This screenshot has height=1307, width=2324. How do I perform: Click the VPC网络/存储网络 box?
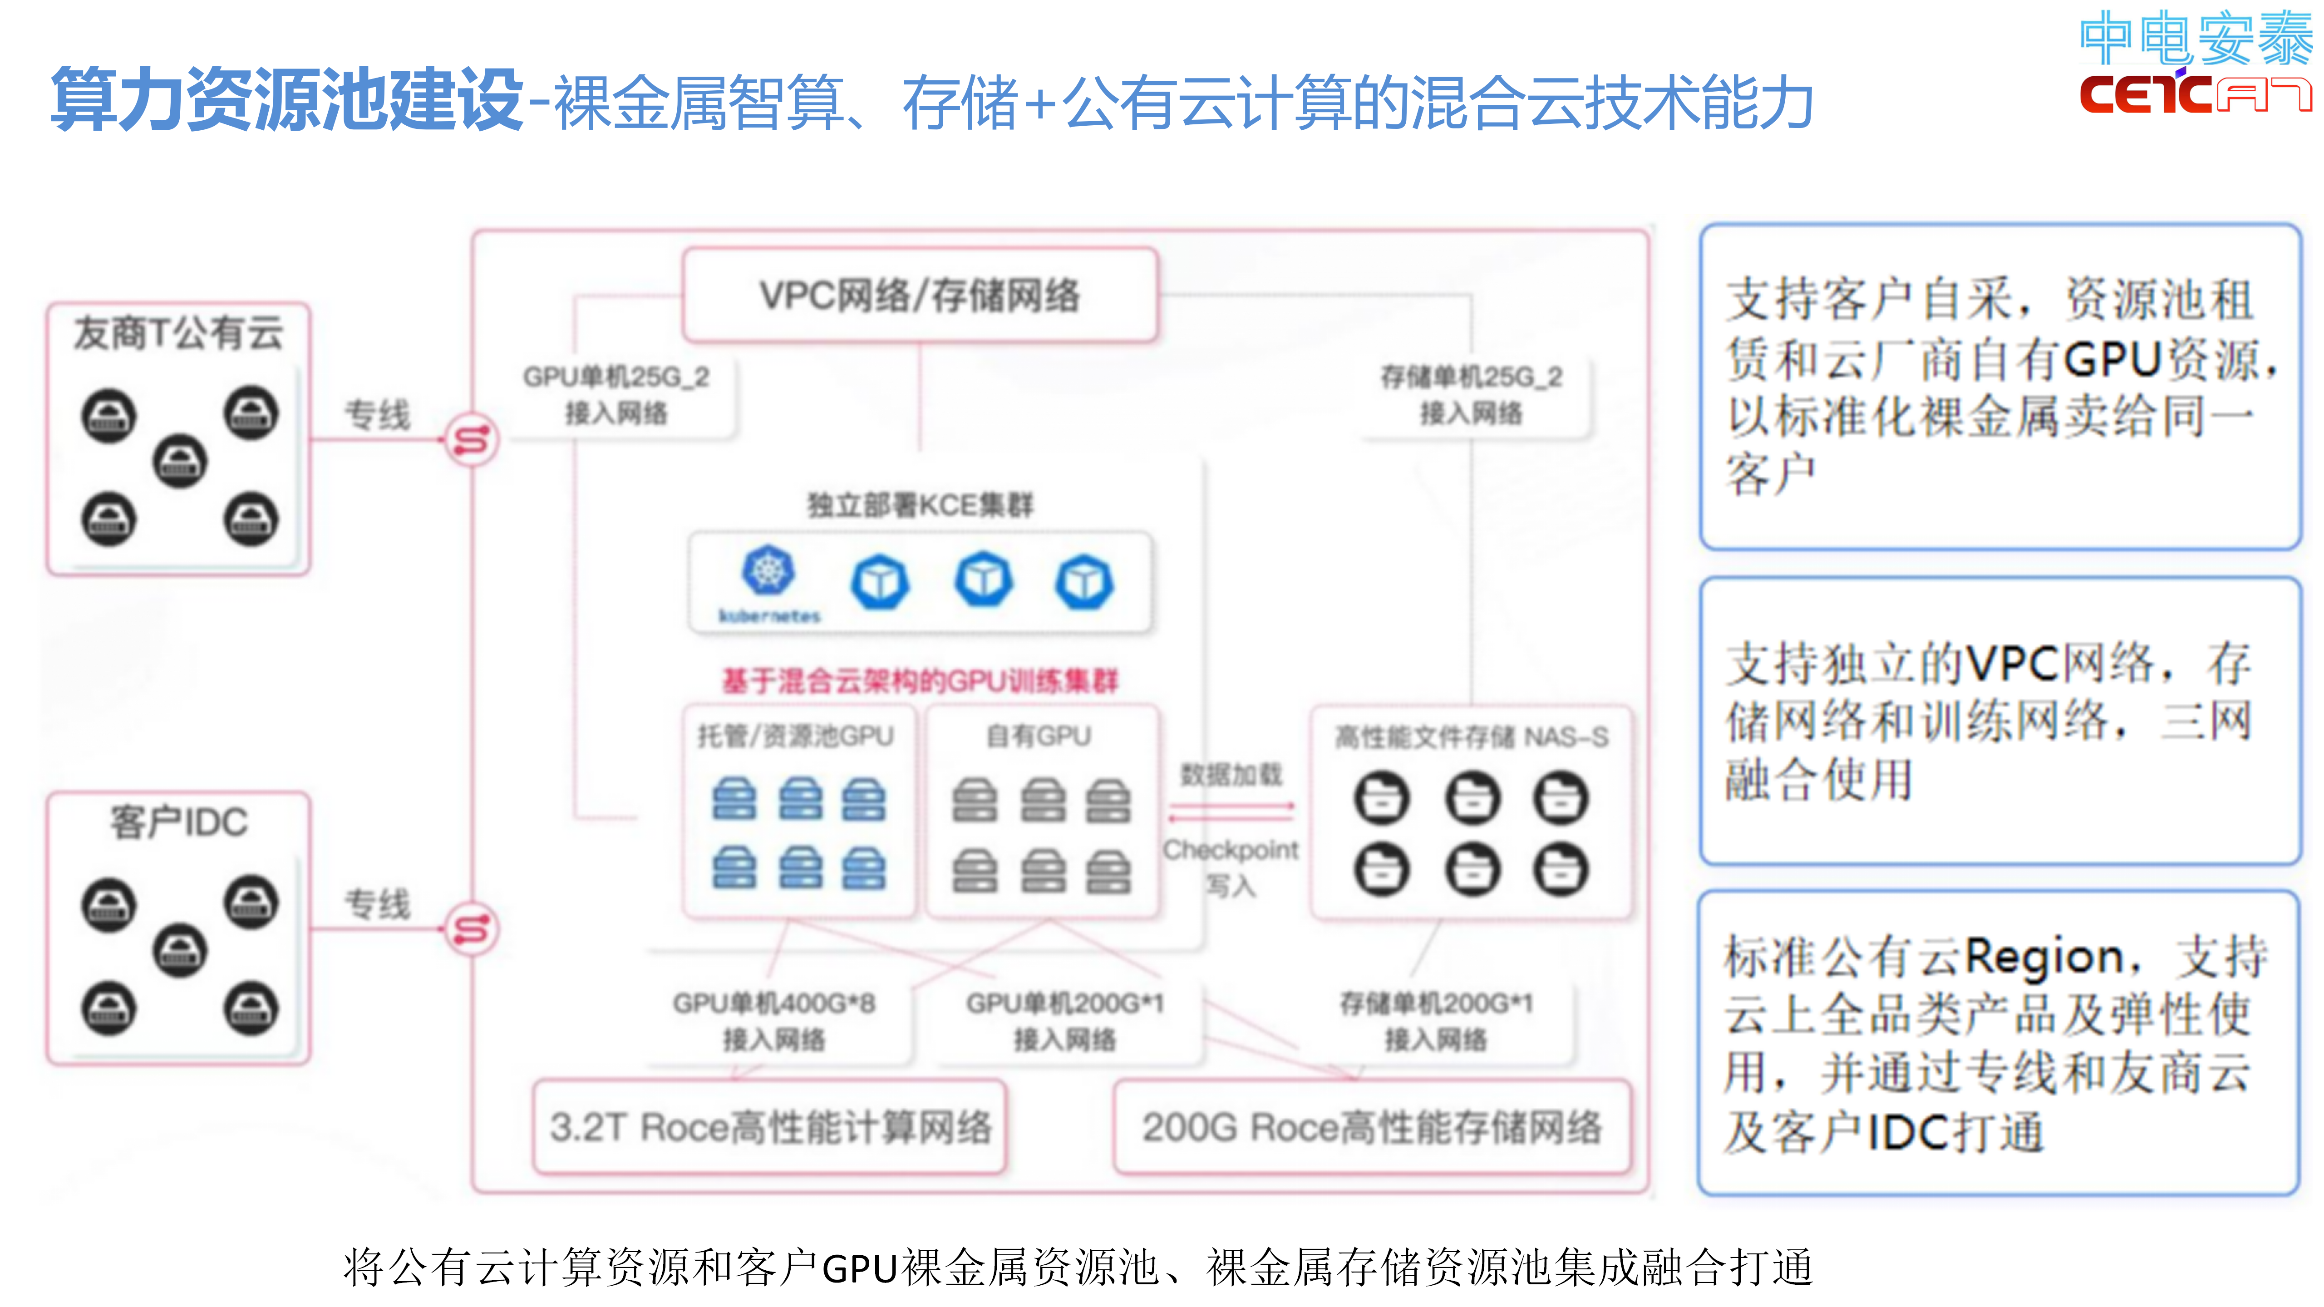tap(919, 295)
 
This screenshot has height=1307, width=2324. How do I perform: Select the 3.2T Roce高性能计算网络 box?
tap(769, 1126)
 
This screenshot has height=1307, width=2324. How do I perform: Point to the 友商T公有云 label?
tap(179, 333)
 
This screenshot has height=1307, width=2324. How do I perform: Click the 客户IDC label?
tap(179, 822)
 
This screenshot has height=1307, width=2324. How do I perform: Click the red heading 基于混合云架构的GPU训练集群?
tap(919, 680)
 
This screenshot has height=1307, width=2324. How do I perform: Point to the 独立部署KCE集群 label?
tap(919, 505)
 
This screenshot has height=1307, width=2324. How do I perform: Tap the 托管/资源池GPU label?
tap(795, 736)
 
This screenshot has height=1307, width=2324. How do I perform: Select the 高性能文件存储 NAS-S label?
tap(1471, 737)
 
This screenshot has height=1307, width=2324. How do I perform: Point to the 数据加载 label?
tap(1231, 774)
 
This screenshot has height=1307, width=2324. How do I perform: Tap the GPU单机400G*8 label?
tap(773, 1003)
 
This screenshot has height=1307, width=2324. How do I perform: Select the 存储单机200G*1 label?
tap(1435, 1003)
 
